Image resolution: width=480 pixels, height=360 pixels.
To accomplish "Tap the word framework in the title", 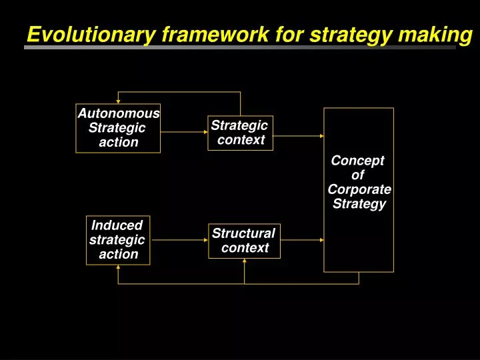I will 197,35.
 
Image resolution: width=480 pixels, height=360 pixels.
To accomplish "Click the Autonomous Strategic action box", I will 118,128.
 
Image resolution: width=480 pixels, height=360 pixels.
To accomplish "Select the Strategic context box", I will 240,133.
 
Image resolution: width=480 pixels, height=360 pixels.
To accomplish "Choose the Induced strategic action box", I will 118,240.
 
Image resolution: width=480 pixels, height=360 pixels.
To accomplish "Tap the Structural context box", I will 244,241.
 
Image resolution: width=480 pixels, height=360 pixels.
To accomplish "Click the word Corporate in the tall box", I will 359,189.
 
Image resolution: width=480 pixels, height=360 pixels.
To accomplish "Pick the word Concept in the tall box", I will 358,161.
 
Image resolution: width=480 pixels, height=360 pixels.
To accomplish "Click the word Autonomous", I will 119,113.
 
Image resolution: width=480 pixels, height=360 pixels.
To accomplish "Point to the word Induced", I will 117,225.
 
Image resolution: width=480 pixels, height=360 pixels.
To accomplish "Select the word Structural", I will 243,233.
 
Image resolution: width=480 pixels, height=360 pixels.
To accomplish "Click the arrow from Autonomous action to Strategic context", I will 184,132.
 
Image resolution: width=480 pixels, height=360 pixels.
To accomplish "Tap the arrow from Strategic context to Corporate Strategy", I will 298,135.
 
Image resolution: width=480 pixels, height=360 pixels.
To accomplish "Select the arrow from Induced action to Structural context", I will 179,240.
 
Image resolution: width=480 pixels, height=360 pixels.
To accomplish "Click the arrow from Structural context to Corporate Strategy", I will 302,240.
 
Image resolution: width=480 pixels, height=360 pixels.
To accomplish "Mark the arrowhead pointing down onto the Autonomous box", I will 118,101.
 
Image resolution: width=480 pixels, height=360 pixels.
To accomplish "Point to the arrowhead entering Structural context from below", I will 245,261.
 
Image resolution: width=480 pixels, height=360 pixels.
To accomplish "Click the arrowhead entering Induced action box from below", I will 118,268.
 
